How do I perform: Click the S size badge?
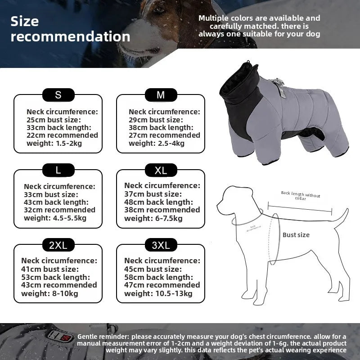(x=58, y=95)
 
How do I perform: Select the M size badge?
(x=161, y=95)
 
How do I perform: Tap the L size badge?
(x=58, y=170)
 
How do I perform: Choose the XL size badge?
(x=161, y=170)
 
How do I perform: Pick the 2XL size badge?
(x=58, y=245)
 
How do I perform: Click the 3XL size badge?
(x=161, y=245)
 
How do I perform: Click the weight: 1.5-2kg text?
(x=54, y=143)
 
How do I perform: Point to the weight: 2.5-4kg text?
(x=157, y=143)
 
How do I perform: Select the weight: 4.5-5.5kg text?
(x=55, y=218)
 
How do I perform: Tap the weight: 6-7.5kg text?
(x=153, y=218)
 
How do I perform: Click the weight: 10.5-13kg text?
(x=158, y=293)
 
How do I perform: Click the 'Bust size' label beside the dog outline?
(x=296, y=235)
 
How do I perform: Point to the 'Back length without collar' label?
(x=300, y=195)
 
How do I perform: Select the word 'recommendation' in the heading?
(x=70, y=37)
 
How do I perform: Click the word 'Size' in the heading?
(x=25, y=21)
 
